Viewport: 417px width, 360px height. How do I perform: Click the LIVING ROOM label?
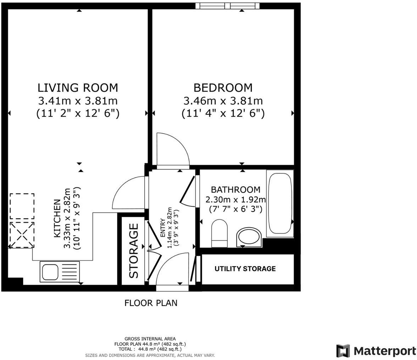pyautogui.click(x=78, y=88)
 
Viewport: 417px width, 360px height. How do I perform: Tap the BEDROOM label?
pyautogui.click(x=223, y=88)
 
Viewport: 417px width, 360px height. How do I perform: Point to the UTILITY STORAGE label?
pyautogui.click(x=245, y=269)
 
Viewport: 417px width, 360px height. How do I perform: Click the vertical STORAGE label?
pyautogui.click(x=134, y=251)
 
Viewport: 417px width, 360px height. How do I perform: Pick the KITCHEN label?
pyautogui.click(x=57, y=218)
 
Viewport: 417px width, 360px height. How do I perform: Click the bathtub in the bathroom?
pyautogui.click(x=280, y=203)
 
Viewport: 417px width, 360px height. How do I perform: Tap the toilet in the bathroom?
pyautogui.click(x=220, y=233)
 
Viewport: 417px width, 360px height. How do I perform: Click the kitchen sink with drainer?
pyautogui.click(x=60, y=271)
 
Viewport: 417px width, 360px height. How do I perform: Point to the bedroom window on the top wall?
pyautogui.click(x=227, y=6)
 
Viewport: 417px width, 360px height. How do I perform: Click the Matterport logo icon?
pyautogui.click(x=343, y=351)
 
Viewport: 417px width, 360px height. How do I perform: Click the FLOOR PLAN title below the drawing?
pyautogui.click(x=151, y=303)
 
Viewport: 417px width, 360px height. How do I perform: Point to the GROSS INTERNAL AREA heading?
pyautogui.click(x=150, y=339)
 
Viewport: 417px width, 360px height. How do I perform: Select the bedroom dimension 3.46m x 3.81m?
pyautogui.click(x=223, y=101)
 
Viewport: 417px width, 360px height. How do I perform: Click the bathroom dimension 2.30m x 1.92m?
pyautogui.click(x=235, y=199)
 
